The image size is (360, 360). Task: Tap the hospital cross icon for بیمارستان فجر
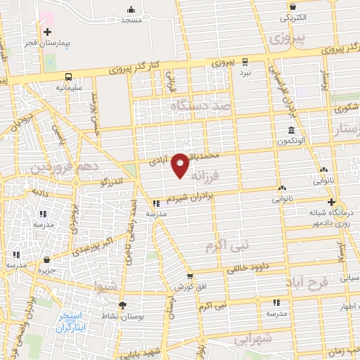pyautogui.click(x=47, y=32)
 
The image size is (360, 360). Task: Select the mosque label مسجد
pyautogui.click(x=131, y=20)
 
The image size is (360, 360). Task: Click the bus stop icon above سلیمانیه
pyautogui.click(x=69, y=77)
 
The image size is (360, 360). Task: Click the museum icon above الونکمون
pyautogui.click(x=292, y=130)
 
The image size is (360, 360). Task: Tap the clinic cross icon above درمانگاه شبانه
pyautogui.click(x=330, y=201)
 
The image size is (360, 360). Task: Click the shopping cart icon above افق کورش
pyautogui.click(x=189, y=276)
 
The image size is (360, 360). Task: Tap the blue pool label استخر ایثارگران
pyautogui.click(x=70, y=321)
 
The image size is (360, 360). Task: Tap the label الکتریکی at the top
pyautogui.click(x=288, y=17)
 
